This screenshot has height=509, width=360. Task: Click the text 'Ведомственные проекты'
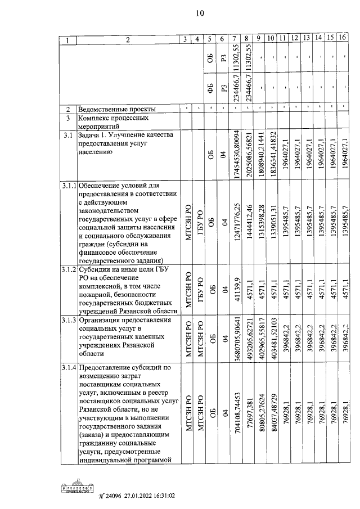pos(117,109)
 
